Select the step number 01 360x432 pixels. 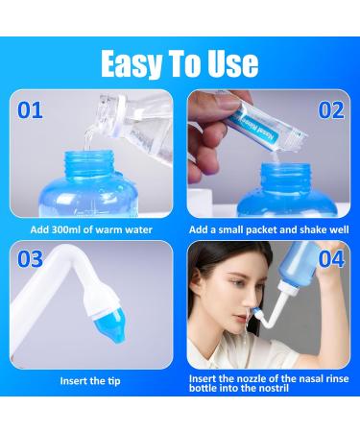coord(32,109)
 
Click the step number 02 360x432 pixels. coord(329,109)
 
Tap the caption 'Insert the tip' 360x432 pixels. coord(90,381)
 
